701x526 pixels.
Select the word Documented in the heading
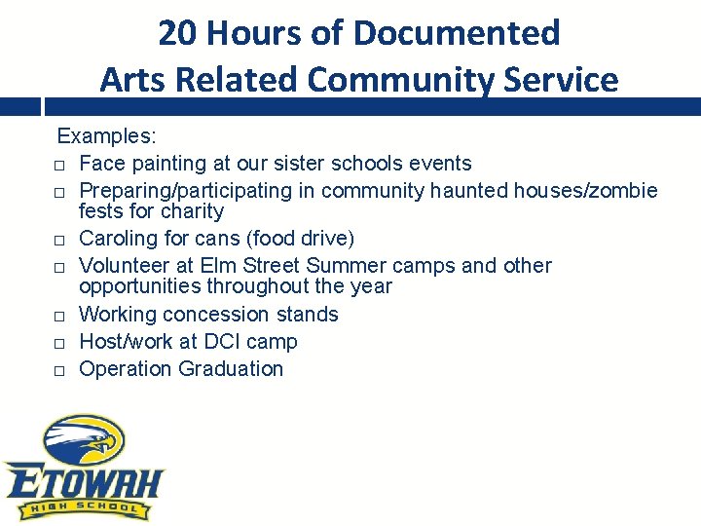point(457,33)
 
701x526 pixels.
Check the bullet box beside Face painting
point(59,165)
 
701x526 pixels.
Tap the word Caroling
point(117,238)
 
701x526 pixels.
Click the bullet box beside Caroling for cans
point(59,240)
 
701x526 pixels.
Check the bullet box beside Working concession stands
point(59,316)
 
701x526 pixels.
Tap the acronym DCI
point(217,341)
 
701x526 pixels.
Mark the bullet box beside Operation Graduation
point(59,370)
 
